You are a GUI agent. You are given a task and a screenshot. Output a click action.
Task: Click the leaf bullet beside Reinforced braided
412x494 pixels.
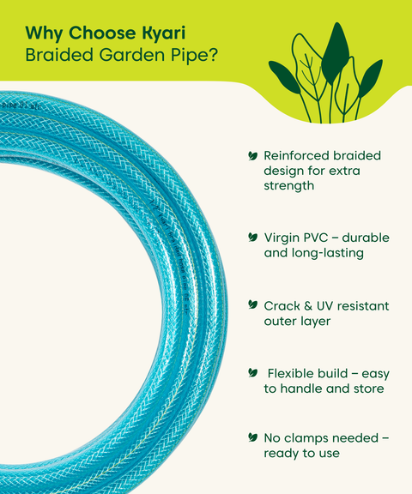(252, 156)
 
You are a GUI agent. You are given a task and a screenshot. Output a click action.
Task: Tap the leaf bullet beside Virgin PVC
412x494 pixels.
(252, 236)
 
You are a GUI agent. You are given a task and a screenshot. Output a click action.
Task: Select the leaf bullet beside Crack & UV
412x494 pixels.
(252, 305)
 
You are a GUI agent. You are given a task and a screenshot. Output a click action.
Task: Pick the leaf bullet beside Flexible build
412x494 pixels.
(252, 373)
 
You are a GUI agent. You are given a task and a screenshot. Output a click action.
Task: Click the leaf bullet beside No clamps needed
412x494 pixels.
(252, 437)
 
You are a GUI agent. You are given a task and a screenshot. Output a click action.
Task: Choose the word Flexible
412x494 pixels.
(294, 373)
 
